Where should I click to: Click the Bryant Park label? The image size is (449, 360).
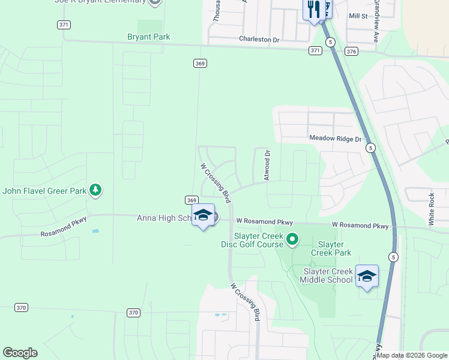pyautogui.click(x=148, y=37)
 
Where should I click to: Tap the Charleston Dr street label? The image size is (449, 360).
pyautogui.click(x=259, y=40)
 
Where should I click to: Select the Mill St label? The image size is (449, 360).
pyautogui.click(x=358, y=16)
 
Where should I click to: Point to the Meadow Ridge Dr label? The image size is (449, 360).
pyautogui.click(x=336, y=139)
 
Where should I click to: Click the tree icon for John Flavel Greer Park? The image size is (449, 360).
pyautogui.click(x=95, y=190)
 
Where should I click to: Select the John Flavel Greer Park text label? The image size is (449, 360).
pyautogui.click(x=44, y=191)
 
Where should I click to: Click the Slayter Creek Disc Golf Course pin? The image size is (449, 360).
pyautogui.click(x=292, y=239)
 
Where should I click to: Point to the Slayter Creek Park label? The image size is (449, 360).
pyautogui.click(x=331, y=248)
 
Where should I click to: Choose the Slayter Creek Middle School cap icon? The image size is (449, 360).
pyautogui.click(x=367, y=276)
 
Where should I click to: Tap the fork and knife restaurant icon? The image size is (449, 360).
pyautogui.click(x=312, y=9)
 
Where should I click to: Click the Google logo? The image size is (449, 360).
pyautogui.click(x=20, y=353)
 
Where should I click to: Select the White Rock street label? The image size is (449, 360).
pyautogui.click(x=431, y=209)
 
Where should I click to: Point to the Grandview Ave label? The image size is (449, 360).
pyautogui.click(x=376, y=21)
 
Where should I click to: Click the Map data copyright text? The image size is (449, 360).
pyautogui.click(x=412, y=355)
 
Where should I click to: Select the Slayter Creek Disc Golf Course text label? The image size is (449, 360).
pyautogui.click(x=252, y=239)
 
